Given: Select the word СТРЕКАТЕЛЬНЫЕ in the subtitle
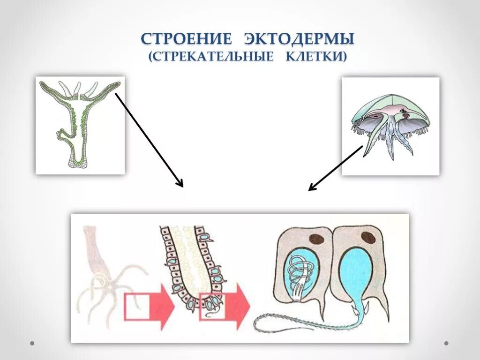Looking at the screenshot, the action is tap(211, 57).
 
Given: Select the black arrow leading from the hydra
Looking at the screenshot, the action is tap(149, 139).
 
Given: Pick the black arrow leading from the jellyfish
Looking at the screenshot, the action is tap(336, 168).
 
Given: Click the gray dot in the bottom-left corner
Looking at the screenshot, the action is tap(32, 343).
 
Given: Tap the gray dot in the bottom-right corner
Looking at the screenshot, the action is tap(446, 343).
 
